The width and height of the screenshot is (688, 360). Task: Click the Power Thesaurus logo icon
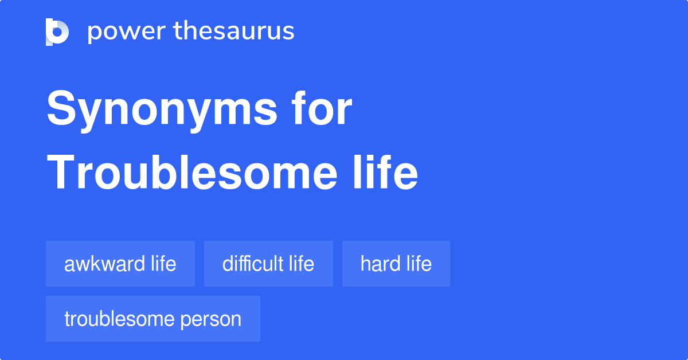tap(57, 32)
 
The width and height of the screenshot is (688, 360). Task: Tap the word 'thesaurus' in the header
tap(234, 32)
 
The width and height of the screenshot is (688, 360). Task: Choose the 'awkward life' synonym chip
tap(120, 264)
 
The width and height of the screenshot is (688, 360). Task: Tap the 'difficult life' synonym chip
tap(268, 264)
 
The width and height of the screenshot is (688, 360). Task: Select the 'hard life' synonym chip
tap(396, 264)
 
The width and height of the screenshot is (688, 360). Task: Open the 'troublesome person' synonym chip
tap(153, 319)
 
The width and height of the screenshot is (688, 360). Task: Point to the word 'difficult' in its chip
tap(253, 264)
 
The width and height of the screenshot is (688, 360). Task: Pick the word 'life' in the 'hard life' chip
tap(420, 264)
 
